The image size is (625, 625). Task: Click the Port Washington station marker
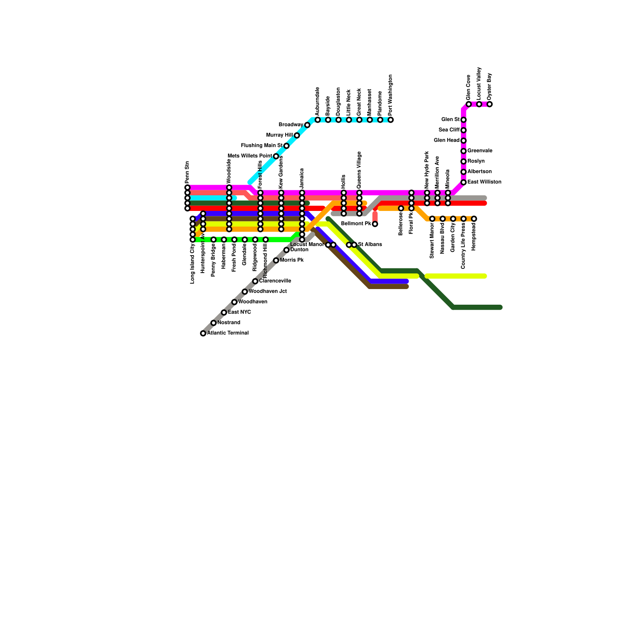tap(391, 120)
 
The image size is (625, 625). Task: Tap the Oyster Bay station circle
tap(489, 104)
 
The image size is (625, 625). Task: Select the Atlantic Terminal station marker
tap(203, 333)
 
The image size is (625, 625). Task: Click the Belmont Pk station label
tap(356, 224)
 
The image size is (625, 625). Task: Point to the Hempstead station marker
tap(474, 219)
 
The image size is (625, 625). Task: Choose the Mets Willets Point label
tap(250, 156)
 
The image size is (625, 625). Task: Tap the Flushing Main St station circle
tap(286, 146)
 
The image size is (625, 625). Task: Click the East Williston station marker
tap(463, 182)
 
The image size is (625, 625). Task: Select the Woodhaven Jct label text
tap(268, 291)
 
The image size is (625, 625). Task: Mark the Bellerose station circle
tap(401, 208)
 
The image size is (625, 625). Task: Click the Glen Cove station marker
tap(468, 104)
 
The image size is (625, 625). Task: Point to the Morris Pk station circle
tap(276, 260)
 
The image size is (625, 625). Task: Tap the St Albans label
tap(370, 245)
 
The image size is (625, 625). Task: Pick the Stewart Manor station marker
tap(432, 219)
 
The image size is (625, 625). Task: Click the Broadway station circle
tap(307, 125)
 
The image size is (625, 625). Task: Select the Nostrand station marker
tap(213, 323)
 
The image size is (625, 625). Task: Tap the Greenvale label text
tap(480, 151)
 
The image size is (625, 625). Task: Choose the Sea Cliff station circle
tap(463, 130)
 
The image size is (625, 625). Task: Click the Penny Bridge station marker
tap(213, 239)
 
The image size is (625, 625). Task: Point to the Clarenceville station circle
tap(255, 281)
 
